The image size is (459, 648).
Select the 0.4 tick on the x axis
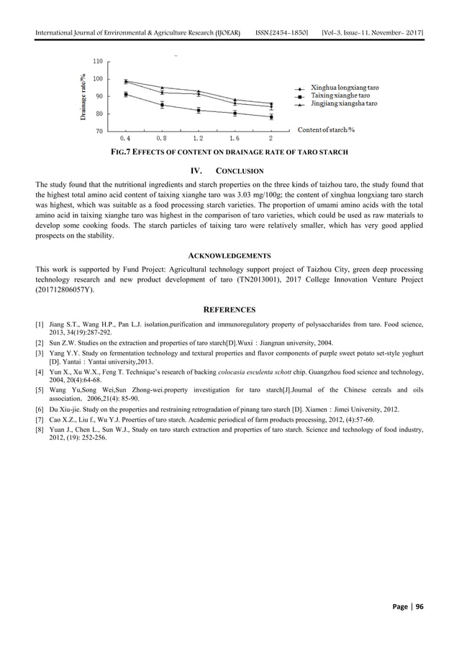tap(125, 138)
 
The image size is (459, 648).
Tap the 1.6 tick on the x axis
tap(235, 138)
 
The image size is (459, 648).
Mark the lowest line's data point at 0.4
tap(126, 94)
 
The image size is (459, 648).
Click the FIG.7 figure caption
tap(229, 152)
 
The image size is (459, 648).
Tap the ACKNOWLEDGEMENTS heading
tap(229, 255)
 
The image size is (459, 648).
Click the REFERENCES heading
tap(229, 310)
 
